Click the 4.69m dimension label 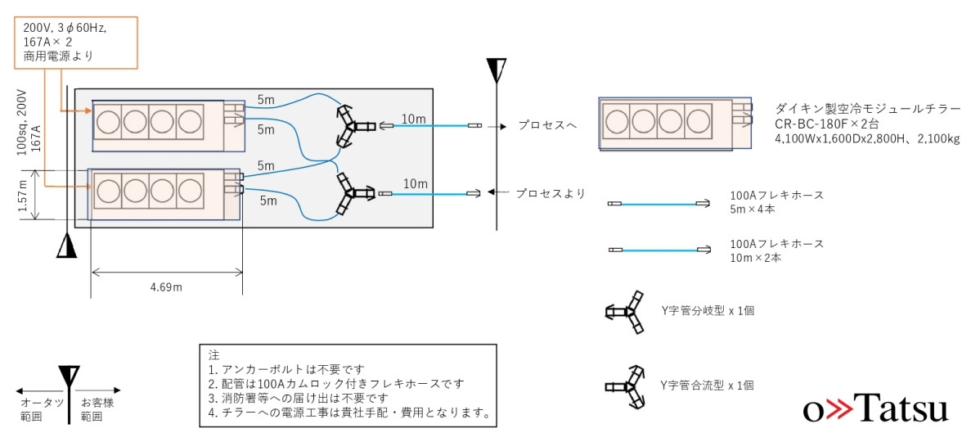tap(166, 287)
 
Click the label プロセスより tap(550, 194)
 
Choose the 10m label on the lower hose tap(415, 184)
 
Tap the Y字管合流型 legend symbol tap(625, 386)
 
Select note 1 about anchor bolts tap(285, 368)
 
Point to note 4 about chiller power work tap(348, 413)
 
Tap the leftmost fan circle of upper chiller tap(108, 120)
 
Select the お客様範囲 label tap(97, 409)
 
